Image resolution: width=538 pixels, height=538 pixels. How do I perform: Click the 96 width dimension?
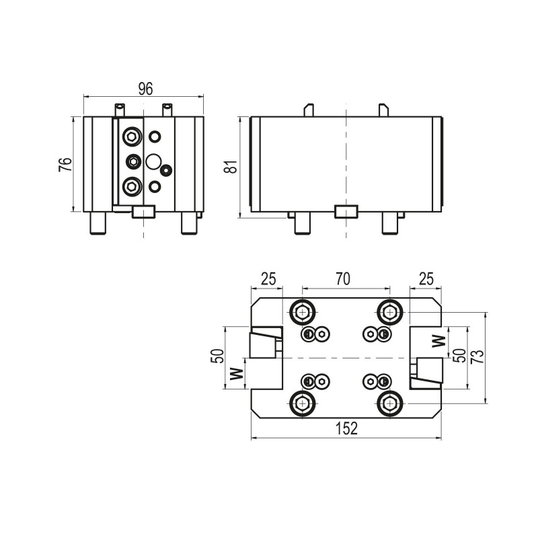pyautogui.click(x=146, y=88)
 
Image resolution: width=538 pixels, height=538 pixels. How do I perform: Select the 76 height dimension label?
pyautogui.click(x=65, y=165)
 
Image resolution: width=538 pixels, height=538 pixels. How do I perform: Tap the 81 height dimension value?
pyautogui.click(x=231, y=167)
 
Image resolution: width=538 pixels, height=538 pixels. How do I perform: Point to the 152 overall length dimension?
pyautogui.click(x=346, y=428)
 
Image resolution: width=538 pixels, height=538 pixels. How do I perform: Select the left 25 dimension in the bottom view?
pyautogui.click(x=268, y=279)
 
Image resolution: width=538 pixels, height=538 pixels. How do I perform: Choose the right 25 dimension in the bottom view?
pyautogui.click(x=425, y=279)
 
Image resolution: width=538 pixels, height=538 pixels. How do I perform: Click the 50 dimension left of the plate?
pyautogui.click(x=217, y=356)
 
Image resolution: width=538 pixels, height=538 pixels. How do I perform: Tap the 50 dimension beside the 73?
pyautogui.click(x=459, y=356)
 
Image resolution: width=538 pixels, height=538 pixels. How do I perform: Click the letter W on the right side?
pyautogui.click(x=439, y=340)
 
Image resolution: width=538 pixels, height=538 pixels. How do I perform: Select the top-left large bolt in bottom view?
pyautogui.click(x=302, y=312)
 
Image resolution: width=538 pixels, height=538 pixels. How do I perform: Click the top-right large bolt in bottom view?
pyautogui.click(x=389, y=312)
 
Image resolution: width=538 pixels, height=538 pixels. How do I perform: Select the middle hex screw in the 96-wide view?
pyautogui.click(x=133, y=161)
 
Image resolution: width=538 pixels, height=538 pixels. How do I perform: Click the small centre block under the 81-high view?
pyautogui.click(x=346, y=212)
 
